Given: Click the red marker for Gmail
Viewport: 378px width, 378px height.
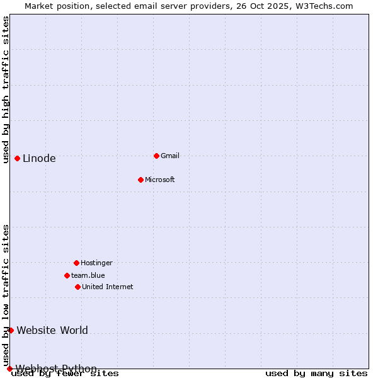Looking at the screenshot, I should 156,156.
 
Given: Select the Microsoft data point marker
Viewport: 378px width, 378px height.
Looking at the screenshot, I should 140,180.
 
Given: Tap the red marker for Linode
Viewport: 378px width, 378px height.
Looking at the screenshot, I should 17,158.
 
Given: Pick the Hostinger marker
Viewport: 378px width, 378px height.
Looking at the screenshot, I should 76,263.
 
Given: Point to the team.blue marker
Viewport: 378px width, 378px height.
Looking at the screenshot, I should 67,275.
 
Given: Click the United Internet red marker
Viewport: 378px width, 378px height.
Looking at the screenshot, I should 77,287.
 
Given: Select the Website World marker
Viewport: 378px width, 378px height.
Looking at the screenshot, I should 11,330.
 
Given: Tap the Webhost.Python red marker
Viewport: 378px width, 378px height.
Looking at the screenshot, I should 9,369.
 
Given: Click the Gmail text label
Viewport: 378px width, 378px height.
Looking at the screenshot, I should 170,156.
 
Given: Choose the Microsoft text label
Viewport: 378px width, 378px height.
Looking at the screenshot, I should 160,180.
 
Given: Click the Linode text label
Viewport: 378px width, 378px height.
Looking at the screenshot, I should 39,159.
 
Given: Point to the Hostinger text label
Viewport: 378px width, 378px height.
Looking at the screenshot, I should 96,263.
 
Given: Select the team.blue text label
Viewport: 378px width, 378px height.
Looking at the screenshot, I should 88,275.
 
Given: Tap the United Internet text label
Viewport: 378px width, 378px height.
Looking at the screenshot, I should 108,287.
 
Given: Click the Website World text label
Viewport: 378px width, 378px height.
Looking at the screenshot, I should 52,330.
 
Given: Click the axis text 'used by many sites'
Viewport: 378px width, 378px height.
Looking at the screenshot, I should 316,374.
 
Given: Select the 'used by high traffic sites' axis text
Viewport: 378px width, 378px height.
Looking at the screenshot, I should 6,89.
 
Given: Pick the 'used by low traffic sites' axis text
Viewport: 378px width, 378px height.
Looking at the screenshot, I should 6,295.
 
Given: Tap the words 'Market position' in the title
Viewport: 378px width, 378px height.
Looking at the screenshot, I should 55,6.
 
